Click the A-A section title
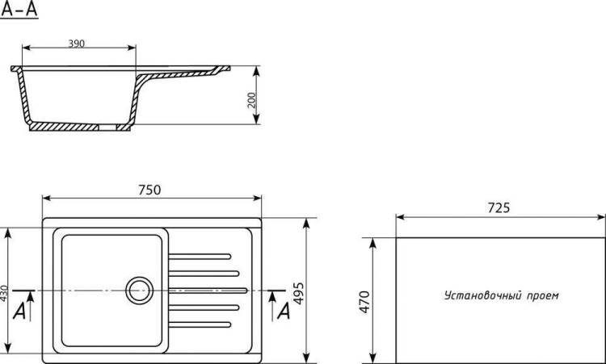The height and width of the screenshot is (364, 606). coord(19,10)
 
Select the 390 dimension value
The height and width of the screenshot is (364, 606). coord(76,44)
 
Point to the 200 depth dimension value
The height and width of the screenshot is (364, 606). coord(251,100)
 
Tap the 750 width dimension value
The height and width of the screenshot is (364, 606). coord(149,190)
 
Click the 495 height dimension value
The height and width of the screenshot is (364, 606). coord(299,294)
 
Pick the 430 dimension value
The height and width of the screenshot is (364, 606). coord(3,293)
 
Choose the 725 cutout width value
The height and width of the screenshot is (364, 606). coord(499,207)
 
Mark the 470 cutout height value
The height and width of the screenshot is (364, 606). coord(364,302)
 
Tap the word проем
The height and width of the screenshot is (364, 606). coord(543,296)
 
